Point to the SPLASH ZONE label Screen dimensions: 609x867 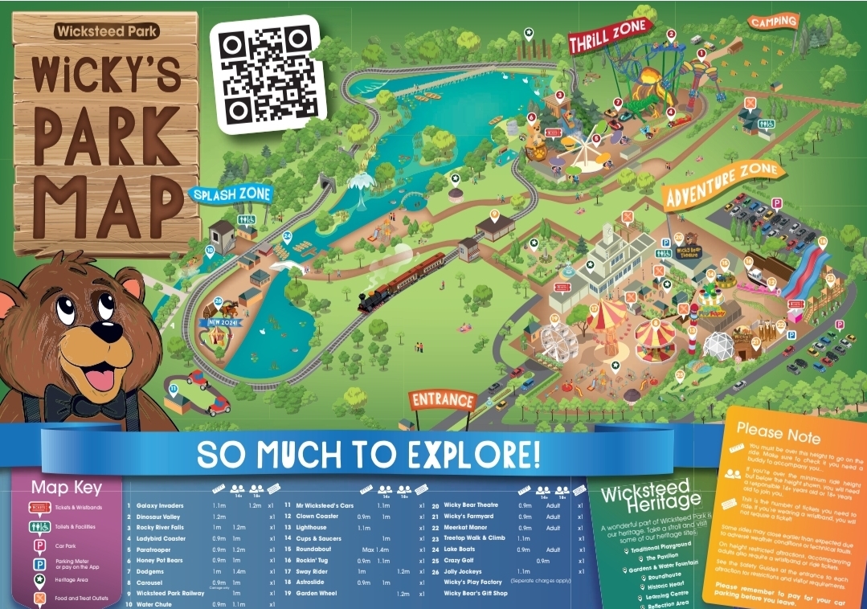(x=231, y=194)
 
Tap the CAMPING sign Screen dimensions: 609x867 (x=775, y=22)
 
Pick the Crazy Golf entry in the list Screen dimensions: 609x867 (x=461, y=560)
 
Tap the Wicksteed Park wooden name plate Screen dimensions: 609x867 (x=107, y=32)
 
